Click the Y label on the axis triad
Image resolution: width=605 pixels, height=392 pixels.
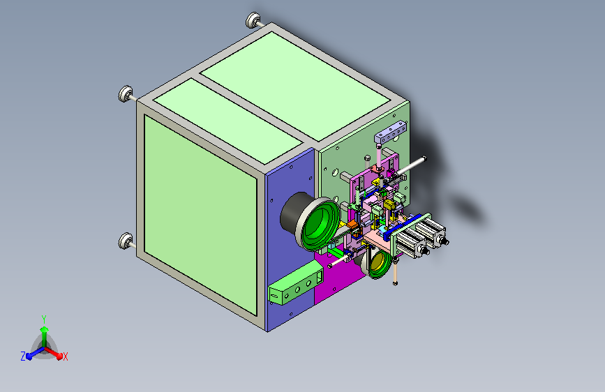[x=44, y=319]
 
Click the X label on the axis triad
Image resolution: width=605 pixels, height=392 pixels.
[x=65, y=357]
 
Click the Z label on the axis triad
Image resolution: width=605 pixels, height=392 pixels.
[x=23, y=356]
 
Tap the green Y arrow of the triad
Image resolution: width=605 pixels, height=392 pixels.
[x=45, y=337]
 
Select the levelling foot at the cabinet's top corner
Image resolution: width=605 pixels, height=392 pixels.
[x=253, y=20]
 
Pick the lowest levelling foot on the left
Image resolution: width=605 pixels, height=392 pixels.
[x=126, y=241]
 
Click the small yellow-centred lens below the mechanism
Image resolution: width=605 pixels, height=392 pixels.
[x=378, y=263]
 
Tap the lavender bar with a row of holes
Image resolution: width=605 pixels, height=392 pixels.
[x=391, y=131]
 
